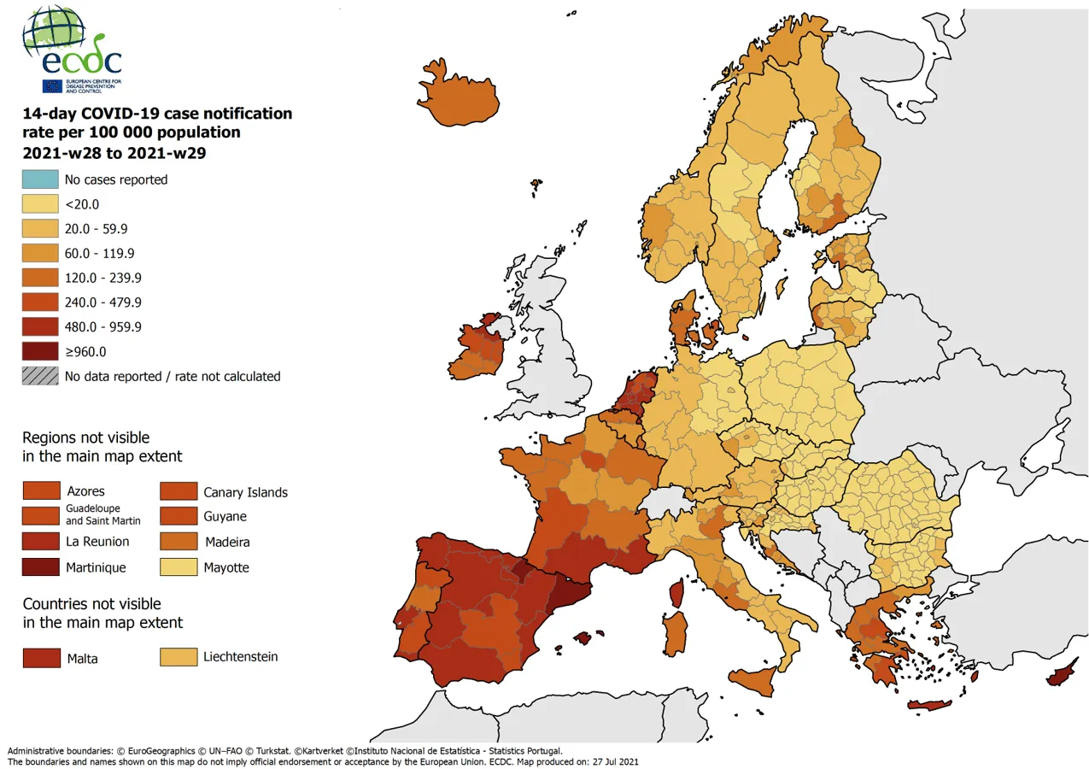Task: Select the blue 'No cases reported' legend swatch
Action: click(40, 179)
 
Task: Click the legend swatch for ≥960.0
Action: click(40, 351)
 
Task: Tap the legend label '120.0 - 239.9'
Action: click(103, 278)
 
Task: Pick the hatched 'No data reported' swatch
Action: click(40, 376)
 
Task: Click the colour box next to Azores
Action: click(40, 490)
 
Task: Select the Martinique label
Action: click(96, 567)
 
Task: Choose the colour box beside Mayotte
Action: click(178, 567)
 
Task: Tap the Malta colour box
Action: click(40, 658)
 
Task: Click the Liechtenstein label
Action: click(241, 657)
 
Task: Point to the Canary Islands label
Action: click(245, 492)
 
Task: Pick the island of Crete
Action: click(929, 706)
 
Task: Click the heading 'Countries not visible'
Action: click(91, 604)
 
